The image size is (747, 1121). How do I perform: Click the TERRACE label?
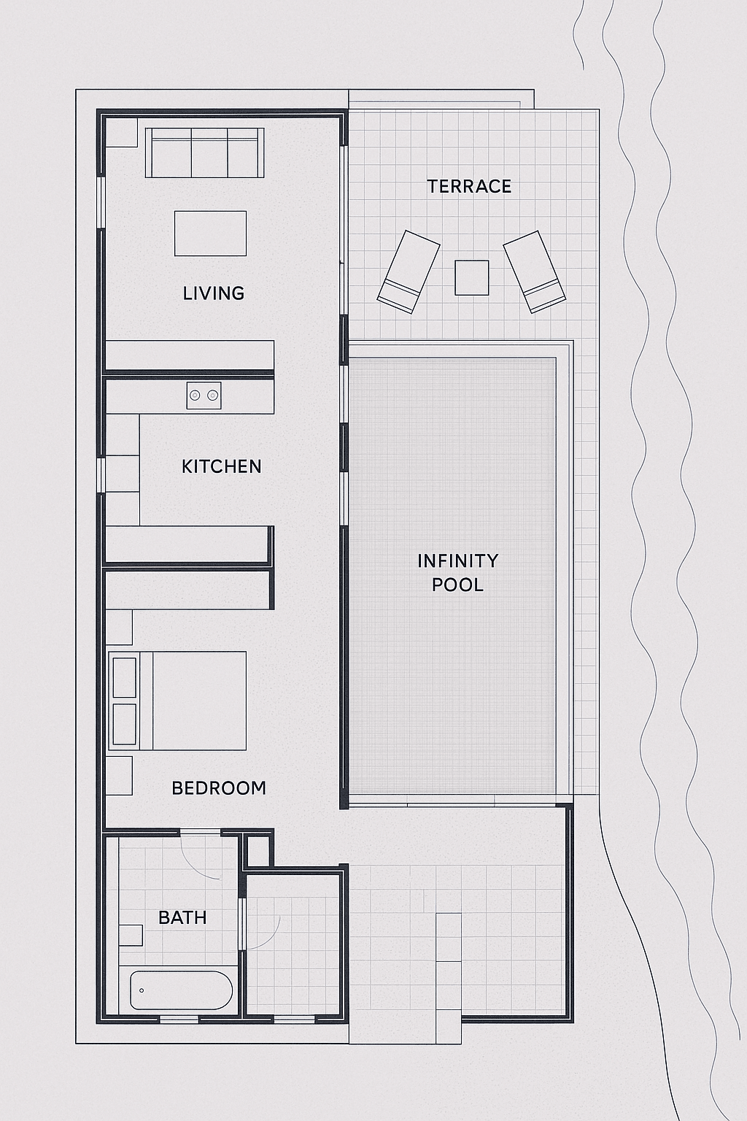pos(469,187)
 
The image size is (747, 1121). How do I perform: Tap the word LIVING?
pos(214,293)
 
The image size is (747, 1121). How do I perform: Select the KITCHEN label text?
pos(221,467)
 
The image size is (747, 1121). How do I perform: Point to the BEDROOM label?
pos(219,788)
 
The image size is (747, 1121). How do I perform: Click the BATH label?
pos(182,918)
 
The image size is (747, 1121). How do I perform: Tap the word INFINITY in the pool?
pos(458,561)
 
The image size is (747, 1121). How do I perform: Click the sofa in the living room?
pos(205,153)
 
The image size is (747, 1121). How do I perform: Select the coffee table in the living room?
pos(210,234)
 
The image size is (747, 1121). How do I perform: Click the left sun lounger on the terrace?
pos(409,271)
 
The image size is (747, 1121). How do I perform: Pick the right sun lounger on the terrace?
pos(535,271)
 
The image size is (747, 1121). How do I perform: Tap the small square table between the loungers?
pos(472,277)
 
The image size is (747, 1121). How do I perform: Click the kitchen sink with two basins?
pos(204,396)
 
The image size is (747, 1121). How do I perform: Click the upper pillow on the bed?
pos(125,677)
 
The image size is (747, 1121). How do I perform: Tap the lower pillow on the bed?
pos(125,724)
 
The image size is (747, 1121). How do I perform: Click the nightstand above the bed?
pos(119,627)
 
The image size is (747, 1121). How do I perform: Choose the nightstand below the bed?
pos(119,776)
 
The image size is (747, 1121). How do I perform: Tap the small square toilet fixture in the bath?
pos(131,935)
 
